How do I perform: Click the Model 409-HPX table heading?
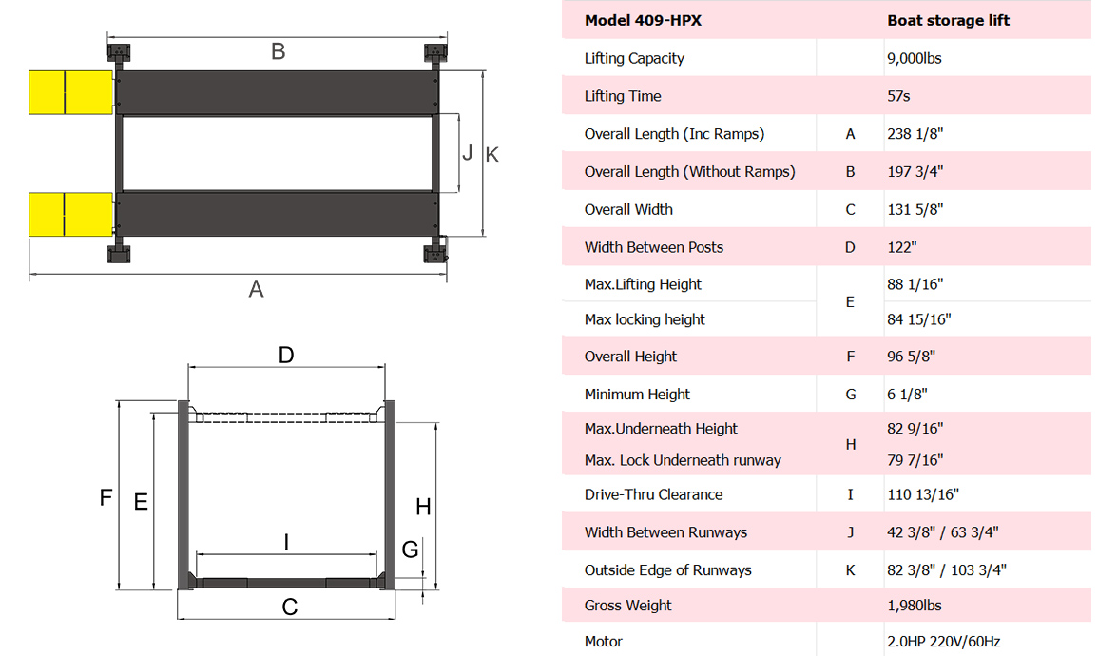click(643, 20)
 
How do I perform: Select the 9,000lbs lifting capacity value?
click(915, 58)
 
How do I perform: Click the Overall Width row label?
click(628, 209)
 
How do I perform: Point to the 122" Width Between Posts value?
click(902, 247)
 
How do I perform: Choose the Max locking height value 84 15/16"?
click(919, 319)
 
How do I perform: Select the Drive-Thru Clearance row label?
click(653, 494)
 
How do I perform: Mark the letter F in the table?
click(850, 357)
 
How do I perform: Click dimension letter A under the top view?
click(256, 289)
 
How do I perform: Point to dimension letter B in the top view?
click(278, 51)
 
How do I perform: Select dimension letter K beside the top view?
click(491, 154)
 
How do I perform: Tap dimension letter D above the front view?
click(286, 356)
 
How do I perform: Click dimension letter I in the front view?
click(287, 542)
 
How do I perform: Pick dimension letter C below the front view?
click(290, 607)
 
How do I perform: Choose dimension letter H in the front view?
click(423, 507)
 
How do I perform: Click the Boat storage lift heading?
click(948, 20)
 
